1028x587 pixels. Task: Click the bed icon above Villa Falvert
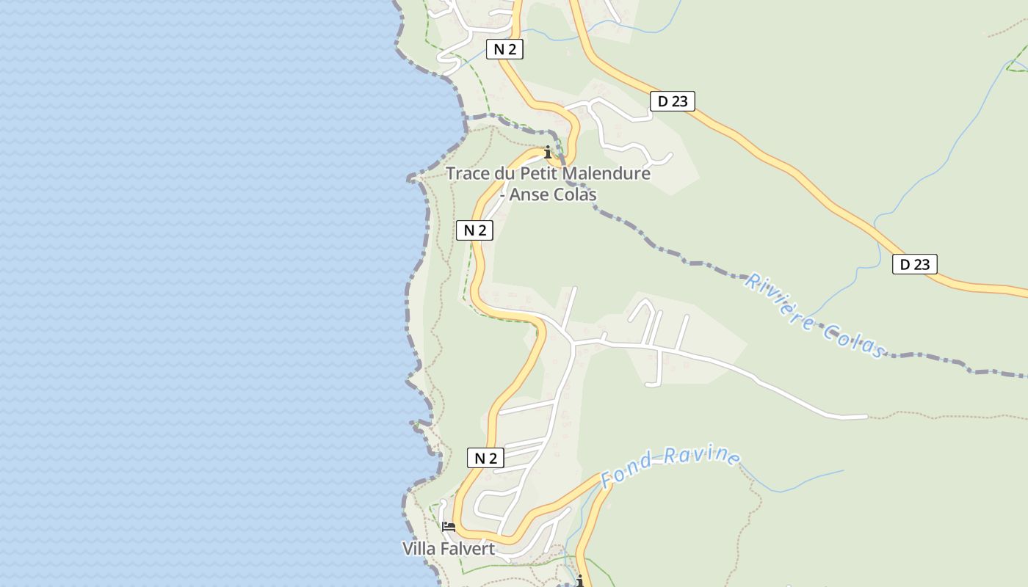click(448, 527)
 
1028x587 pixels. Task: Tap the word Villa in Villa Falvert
click(419, 548)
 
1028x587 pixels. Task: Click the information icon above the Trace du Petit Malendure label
click(548, 153)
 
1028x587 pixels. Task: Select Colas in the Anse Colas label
click(576, 194)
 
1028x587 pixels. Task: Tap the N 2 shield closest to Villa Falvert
click(485, 459)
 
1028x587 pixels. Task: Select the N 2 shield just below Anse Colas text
click(474, 230)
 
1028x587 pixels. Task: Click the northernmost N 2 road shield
click(504, 49)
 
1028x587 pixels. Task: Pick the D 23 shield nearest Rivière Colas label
click(914, 264)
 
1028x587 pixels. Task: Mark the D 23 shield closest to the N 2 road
click(672, 101)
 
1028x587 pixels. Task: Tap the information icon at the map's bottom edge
click(580, 581)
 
